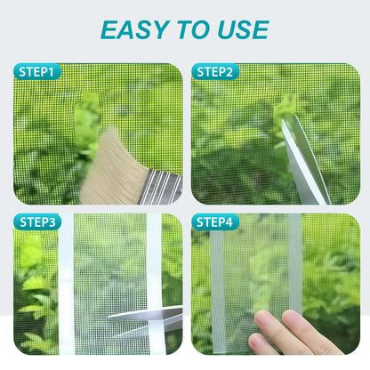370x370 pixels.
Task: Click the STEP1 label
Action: click(x=36, y=71)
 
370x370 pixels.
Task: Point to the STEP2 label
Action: click(x=214, y=71)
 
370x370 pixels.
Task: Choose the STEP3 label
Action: click(x=36, y=222)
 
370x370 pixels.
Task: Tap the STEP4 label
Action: click(x=214, y=222)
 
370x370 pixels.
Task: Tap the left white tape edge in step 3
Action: click(x=66, y=285)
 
